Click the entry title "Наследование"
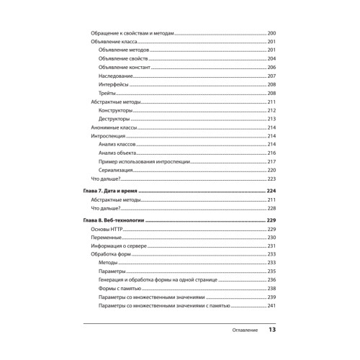115,76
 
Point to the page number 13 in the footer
272,330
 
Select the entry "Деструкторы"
114,119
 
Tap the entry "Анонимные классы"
109,127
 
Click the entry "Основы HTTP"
104,229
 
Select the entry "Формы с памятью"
119,288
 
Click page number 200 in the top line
271,35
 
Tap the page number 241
271,306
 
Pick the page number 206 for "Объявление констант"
271,68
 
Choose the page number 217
271,161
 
